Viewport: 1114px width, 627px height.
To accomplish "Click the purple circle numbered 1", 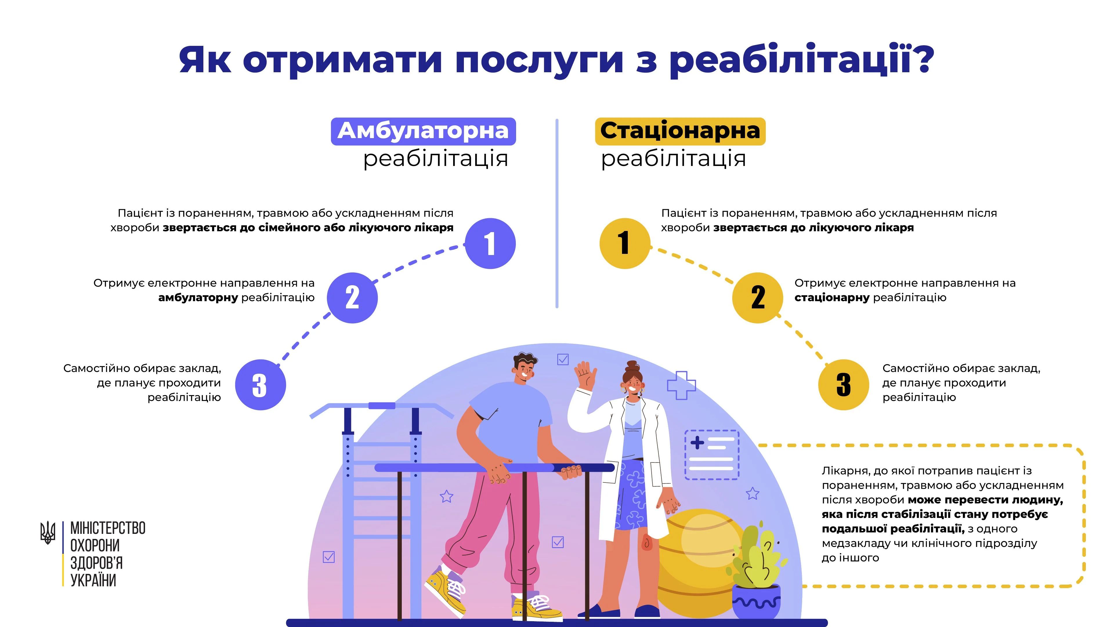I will point(490,243).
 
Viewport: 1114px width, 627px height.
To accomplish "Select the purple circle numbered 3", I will point(260,385).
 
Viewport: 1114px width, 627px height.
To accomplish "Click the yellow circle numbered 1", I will point(625,243).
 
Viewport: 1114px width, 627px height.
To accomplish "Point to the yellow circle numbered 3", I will point(843,385).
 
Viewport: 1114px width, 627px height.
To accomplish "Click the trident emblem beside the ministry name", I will point(48,532).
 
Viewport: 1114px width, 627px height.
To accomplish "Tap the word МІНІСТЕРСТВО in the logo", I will point(108,528).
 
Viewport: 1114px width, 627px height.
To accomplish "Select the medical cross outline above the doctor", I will point(681,385).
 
